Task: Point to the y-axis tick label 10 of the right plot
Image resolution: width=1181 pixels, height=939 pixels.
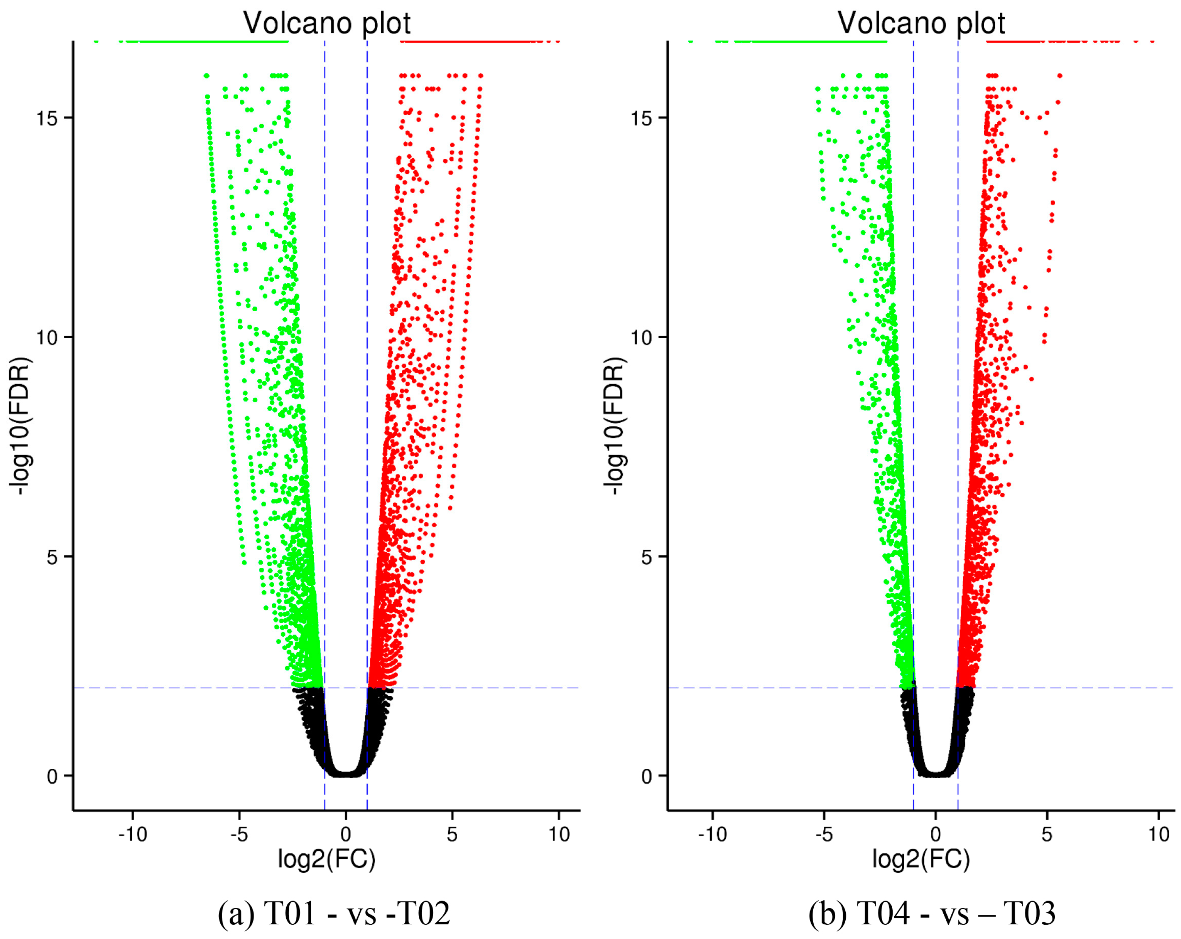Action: click(641, 337)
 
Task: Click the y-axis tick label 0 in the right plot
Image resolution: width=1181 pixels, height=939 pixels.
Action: click(647, 777)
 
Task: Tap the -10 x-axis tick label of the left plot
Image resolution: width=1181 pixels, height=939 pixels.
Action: click(133, 834)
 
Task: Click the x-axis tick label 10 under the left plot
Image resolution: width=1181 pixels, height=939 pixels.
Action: click(559, 834)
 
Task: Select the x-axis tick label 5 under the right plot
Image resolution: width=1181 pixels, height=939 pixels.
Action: click(1047, 834)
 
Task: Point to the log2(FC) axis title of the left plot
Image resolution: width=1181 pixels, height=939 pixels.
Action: click(327, 860)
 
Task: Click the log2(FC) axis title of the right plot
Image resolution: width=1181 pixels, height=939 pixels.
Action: click(921, 860)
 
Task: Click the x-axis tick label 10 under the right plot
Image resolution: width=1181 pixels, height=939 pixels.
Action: click(1159, 834)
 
